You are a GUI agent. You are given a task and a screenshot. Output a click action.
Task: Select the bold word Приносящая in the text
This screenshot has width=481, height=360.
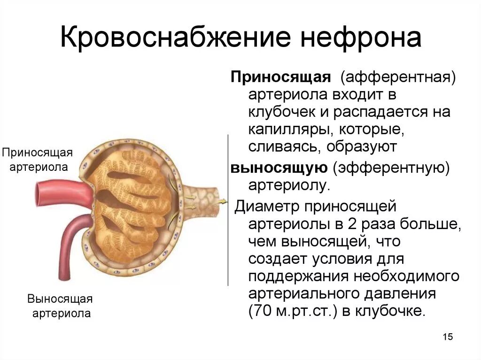pos(280,77)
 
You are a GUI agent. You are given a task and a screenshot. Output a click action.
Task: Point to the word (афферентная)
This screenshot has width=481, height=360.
pos(398,77)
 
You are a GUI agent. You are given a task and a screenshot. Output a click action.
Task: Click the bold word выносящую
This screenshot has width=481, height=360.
pos(278,168)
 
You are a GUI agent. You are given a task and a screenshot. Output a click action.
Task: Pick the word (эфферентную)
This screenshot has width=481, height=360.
pos(392,168)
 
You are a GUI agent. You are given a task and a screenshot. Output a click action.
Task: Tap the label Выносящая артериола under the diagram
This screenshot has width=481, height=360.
pos(60,306)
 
